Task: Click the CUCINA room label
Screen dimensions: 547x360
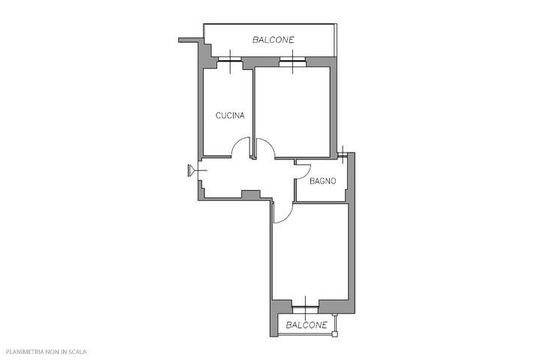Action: tap(230, 116)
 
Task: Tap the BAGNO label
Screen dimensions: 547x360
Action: tap(323, 181)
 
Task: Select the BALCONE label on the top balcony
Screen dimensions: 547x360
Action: tap(273, 40)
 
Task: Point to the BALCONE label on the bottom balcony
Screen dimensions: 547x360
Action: tap(307, 325)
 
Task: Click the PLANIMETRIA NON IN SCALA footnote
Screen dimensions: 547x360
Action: tap(46, 352)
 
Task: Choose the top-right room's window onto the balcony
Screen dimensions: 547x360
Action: tap(293, 62)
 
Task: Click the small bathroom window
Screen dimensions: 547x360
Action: tap(343, 154)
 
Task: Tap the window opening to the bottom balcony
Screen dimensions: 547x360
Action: tap(305, 309)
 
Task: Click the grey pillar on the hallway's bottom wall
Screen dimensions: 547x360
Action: tap(251, 195)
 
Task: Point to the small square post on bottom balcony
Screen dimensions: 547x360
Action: tap(334, 334)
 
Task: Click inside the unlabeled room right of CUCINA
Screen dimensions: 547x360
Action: tap(293, 112)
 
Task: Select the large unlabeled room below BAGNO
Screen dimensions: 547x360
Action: tap(310, 251)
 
